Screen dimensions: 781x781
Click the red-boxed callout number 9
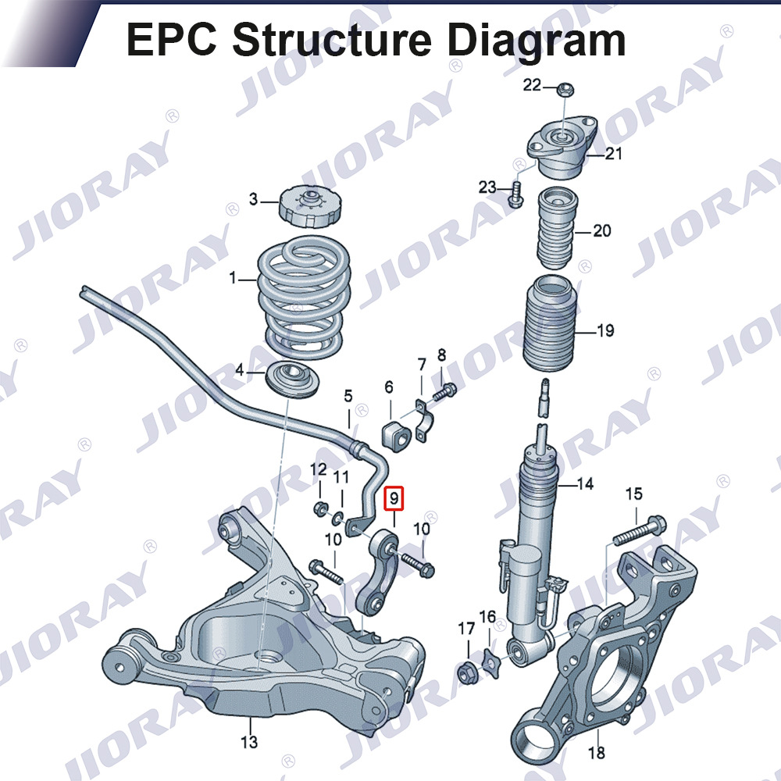pyautogui.click(x=394, y=498)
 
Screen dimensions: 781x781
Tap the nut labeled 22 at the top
pyautogui.click(x=565, y=90)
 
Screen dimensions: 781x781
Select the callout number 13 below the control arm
pyautogui.click(x=249, y=742)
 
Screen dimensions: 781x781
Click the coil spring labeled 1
pyautogui.click(x=303, y=298)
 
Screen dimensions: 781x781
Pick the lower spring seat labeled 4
pyautogui.click(x=291, y=380)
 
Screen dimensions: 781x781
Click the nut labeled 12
pyautogui.click(x=320, y=509)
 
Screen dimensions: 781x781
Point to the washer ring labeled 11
pyautogui.click(x=337, y=518)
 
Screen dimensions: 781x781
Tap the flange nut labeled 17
pyautogui.click(x=468, y=673)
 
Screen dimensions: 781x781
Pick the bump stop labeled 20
pyautogui.click(x=558, y=228)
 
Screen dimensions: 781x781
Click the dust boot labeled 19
pyautogui.click(x=552, y=324)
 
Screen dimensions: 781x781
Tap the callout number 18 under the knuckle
pyautogui.click(x=597, y=752)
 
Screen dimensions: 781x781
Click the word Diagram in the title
pyautogui.click(x=536, y=40)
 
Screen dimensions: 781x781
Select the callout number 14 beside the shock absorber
pyautogui.click(x=585, y=483)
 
